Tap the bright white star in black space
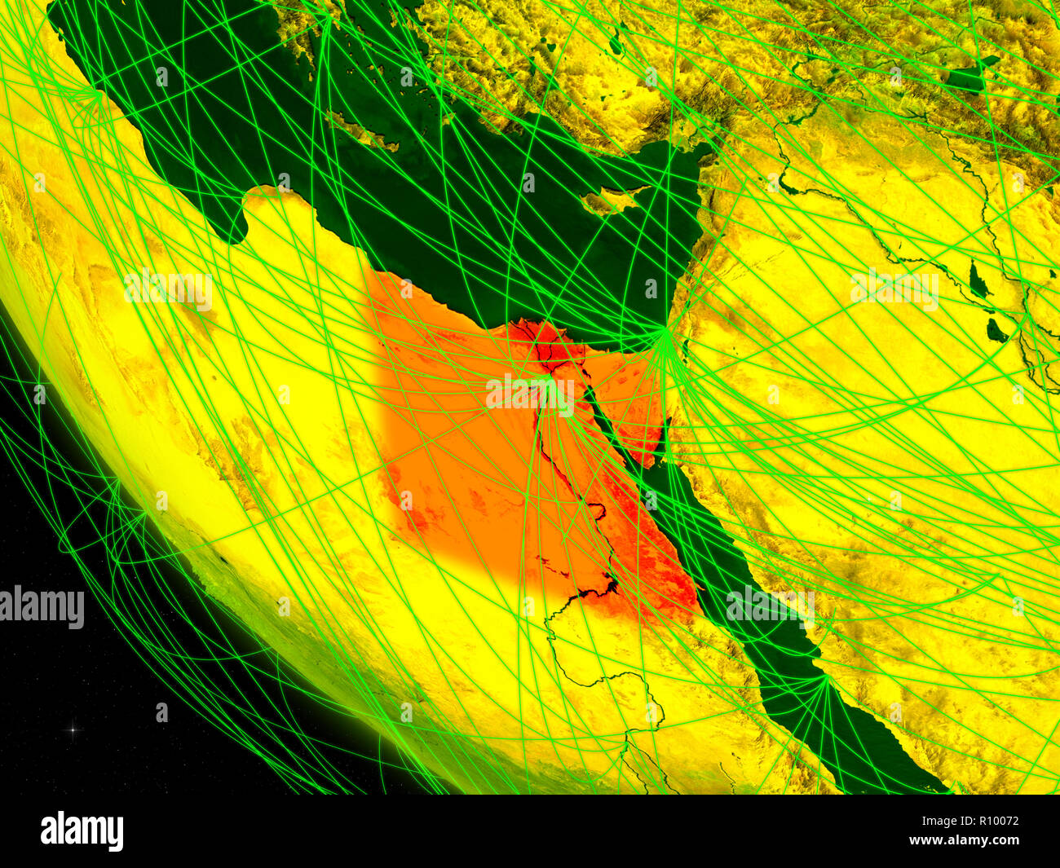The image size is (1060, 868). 71,729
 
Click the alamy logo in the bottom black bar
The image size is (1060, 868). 82,831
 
